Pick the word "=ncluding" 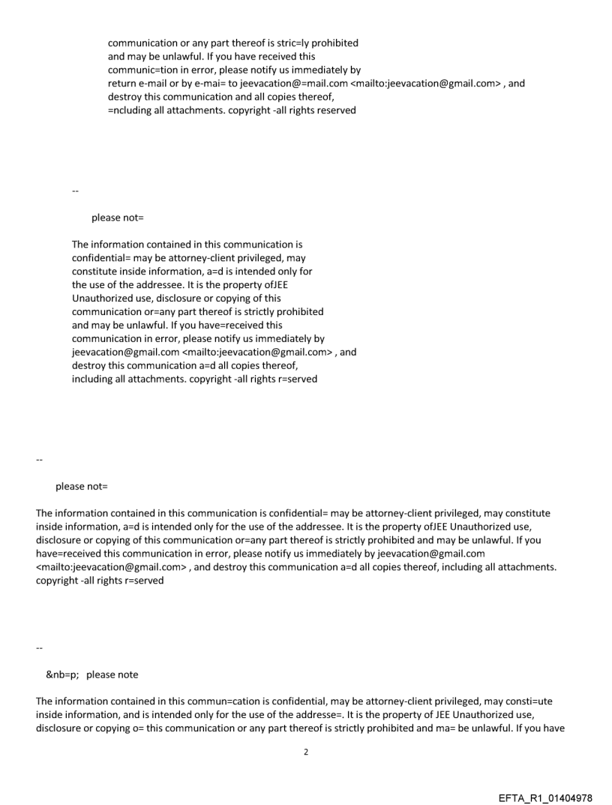click(133, 110)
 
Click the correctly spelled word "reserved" click(335, 110)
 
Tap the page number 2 click(306, 751)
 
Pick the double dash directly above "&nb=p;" click(39, 648)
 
